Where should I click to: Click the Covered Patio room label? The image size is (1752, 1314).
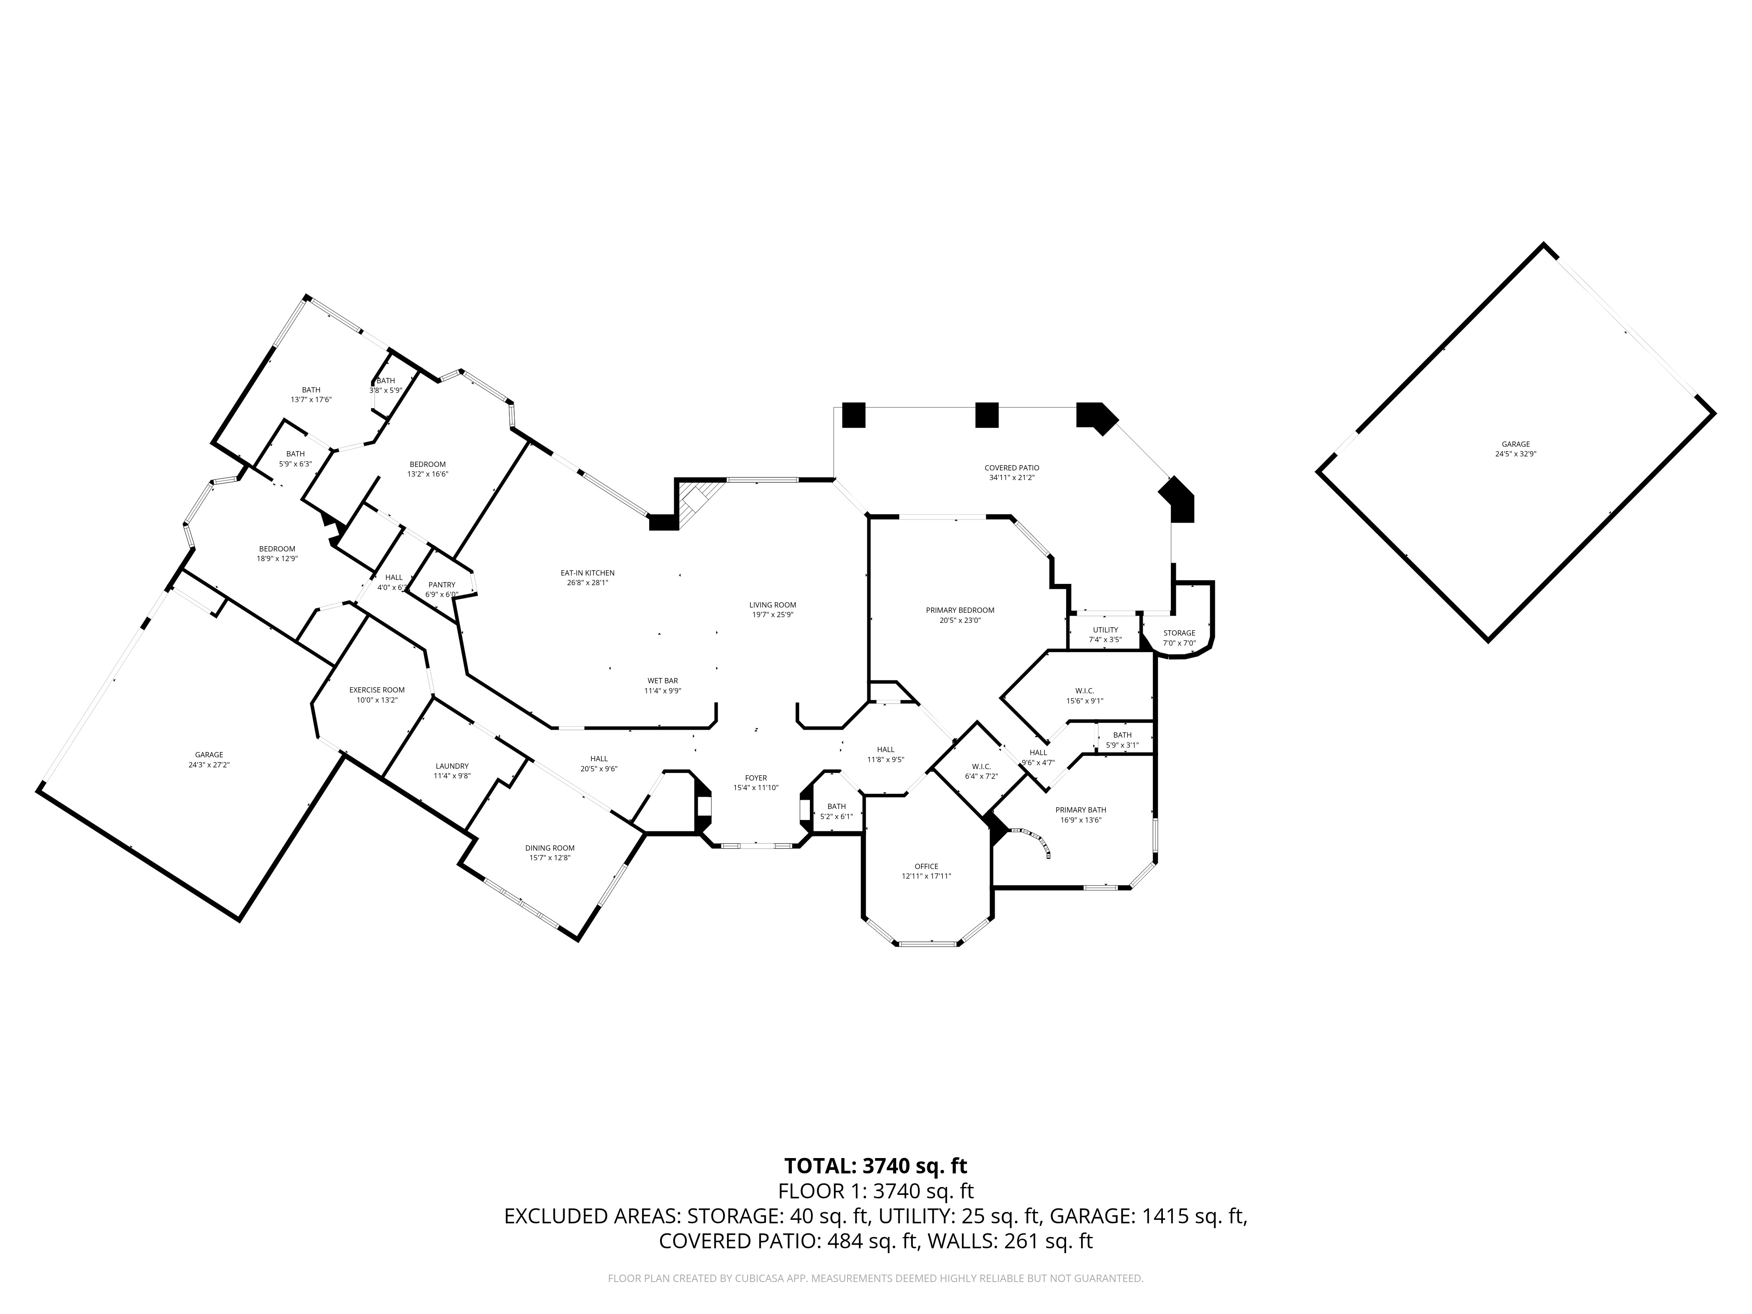coord(1011,468)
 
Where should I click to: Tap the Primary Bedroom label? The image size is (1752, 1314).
coord(960,610)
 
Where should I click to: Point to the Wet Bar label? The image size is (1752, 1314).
coord(662,680)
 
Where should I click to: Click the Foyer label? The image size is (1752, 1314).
coord(756,778)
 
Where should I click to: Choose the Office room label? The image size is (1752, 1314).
coord(926,866)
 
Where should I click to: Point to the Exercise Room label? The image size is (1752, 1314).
coord(377,690)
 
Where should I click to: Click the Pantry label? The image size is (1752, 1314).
coord(442,585)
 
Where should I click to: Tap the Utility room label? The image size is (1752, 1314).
coord(1105,630)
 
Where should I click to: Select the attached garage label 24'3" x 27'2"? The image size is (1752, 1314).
coord(209,765)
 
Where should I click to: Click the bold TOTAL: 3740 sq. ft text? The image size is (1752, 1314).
coord(875,1166)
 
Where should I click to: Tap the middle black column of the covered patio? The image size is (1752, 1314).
coord(986,415)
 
